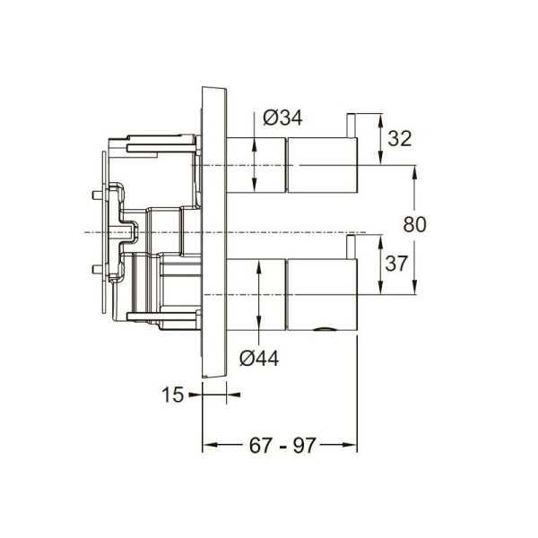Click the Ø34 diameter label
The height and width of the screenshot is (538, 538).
point(282,117)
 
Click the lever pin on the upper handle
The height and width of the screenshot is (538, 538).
point(353,140)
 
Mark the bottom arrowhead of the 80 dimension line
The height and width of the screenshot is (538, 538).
point(416,289)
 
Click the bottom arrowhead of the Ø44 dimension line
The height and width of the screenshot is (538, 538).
point(259,330)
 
